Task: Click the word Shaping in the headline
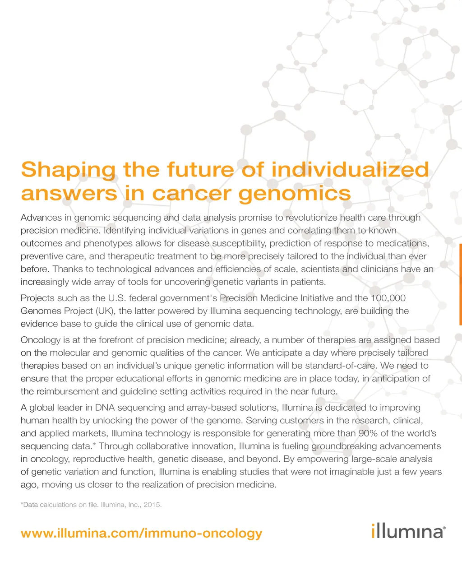click(68, 170)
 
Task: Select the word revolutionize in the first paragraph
click(311, 218)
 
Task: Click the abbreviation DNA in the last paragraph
click(105, 408)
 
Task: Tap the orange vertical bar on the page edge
click(460, 284)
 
